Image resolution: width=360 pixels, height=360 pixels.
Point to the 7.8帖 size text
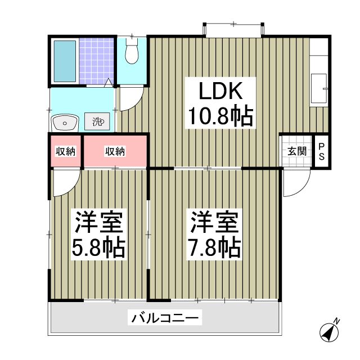[x=214, y=247]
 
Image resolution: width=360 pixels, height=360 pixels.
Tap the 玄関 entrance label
[x=297, y=151]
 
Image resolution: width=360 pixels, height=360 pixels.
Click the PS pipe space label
[x=322, y=152]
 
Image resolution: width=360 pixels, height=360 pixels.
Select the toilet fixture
[x=132, y=52]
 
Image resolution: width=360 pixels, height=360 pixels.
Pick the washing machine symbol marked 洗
[x=98, y=120]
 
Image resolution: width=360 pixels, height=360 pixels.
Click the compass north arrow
[x=328, y=331]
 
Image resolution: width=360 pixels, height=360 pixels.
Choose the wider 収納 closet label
[x=115, y=151]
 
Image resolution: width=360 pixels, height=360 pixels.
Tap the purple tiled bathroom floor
[x=97, y=61]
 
